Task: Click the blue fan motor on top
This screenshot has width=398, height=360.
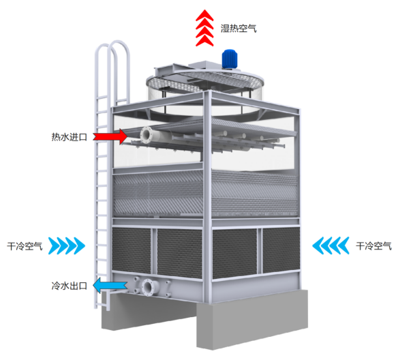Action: coord(230,59)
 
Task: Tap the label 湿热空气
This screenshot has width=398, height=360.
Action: coord(239,28)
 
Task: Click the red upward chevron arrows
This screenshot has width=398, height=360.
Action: coord(204,28)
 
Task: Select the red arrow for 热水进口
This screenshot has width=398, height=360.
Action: coord(110,136)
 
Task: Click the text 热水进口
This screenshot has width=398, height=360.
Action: coord(70,137)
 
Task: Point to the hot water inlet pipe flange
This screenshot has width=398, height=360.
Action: coord(147,135)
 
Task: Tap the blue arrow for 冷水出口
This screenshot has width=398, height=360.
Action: coord(110,286)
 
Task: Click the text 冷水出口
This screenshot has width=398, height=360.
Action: coord(70,286)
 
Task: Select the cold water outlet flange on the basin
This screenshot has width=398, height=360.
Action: coord(149,287)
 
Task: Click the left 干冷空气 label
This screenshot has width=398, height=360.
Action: coord(25,246)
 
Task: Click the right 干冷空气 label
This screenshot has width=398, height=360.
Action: coord(373,246)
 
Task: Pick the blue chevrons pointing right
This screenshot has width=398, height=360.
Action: coord(67,245)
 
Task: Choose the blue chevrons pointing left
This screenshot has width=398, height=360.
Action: coord(331,245)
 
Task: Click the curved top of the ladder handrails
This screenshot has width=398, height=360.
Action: coord(112,45)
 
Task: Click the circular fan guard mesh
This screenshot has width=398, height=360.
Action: coord(204,80)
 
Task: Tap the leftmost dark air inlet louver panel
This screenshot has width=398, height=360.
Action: coord(132,250)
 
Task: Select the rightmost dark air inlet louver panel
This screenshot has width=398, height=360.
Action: coord(281,250)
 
